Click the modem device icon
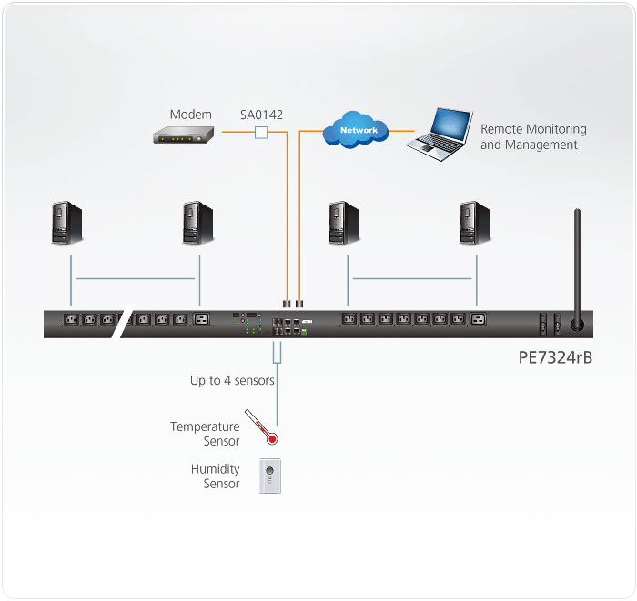point(182,135)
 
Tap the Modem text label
point(190,115)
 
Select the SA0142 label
point(261,115)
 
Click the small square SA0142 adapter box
point(261,134)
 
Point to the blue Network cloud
point(359,131)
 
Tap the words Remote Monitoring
point(533,130)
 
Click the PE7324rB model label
point(555,357)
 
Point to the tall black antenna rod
point(576,264)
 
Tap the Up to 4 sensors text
point(232,380)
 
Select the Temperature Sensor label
point(206,434)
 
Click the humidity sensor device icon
point(270,476)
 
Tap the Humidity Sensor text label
point(216,476)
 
